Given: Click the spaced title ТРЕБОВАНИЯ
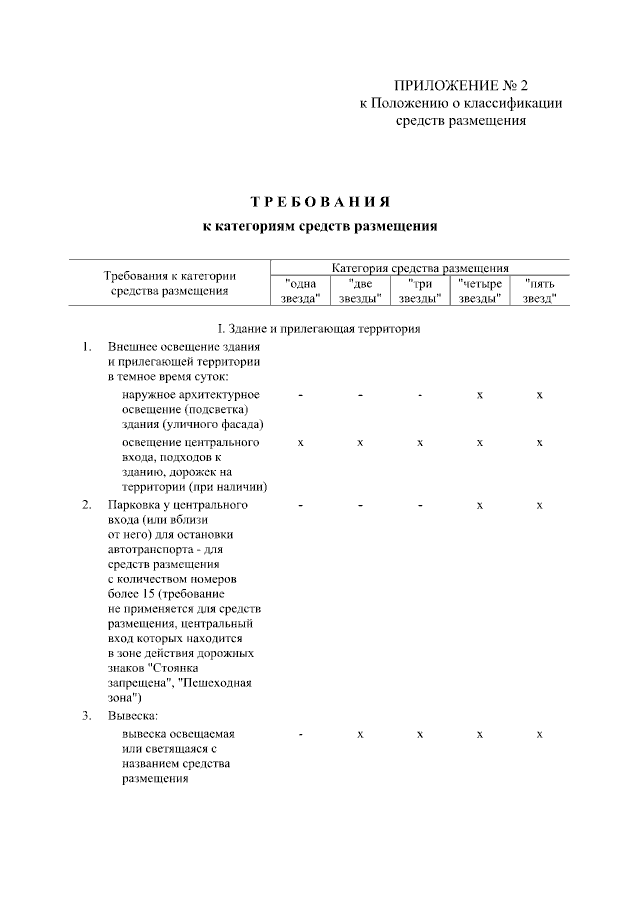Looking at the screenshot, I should pyautogui.click(x=320, y=201).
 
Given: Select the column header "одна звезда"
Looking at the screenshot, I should pyautogui.click(x=300, y=291).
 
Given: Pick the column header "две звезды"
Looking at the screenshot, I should pyautogui.click(x=360, y=291).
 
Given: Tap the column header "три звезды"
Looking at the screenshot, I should pyautogui.click(x=420, y=291).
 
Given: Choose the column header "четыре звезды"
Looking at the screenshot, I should pyautogui.click(x=480, y=291).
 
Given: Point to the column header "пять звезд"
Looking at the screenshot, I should pyautogui.click(x=540, y=291).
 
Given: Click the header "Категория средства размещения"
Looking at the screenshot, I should pyautogui.click(x=420, y=269).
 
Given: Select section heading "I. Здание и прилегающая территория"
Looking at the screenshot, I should pyautogui.click(x=319, y=329).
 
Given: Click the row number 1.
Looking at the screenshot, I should pyautogui.click(x=87, y=347).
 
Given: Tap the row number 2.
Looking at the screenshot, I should pyautogui.click(x=87, y=505).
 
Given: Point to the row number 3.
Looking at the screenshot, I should pyautogui.click(x=87, y=715).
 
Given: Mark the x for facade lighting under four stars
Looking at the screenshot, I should pyautogui.click(x=480, y=396).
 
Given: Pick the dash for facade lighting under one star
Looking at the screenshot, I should pyautogui.click(x=300, y=396).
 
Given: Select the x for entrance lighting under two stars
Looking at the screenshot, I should pyautogui.click(x=360, y=442).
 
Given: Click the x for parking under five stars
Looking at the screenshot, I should pyautogui.click(x=540, y=505).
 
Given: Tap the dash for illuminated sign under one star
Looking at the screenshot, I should pyautogui.click(x=300, y=735).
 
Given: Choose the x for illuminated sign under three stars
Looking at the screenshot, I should pyautogui.click(x=420, y=735).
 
